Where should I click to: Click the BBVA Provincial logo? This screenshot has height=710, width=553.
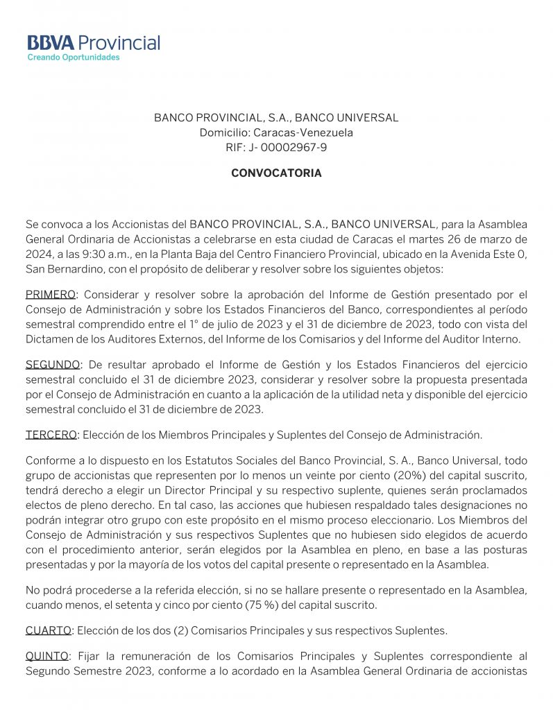coord(94,43)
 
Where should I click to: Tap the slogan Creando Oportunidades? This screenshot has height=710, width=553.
coord(73,58)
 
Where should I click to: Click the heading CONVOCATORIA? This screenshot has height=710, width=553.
coord(276,173)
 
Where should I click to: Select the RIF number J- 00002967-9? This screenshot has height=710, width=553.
coord(290,147)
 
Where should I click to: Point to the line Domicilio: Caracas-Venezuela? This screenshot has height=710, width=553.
coord(276,132)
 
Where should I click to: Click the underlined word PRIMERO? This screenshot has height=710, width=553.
coord(50,295)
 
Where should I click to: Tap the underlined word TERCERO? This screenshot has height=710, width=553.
coord(51,435)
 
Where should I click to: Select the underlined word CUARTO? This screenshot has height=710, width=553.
coord(49,630)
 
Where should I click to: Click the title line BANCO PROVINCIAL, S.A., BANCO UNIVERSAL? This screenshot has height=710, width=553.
coord(276,118)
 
